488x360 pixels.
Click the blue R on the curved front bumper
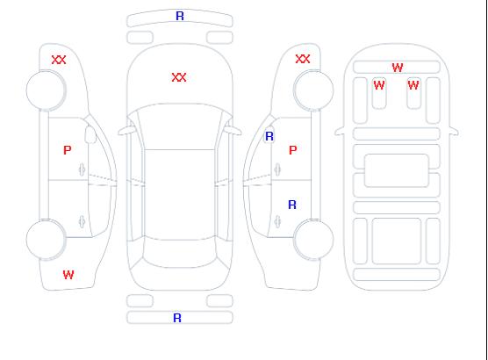180,16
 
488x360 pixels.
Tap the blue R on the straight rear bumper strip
177,318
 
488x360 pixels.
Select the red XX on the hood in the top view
179,77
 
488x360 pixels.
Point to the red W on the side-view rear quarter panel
68,275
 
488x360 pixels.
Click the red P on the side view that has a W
68,150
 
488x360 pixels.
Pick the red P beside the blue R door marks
293,150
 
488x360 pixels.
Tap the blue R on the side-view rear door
292,205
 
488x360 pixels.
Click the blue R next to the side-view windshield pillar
269,136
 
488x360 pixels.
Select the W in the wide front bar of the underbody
398,68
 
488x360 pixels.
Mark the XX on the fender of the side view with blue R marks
303,59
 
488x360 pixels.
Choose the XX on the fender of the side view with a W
59,60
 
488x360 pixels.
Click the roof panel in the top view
180,195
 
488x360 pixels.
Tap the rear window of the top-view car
180,253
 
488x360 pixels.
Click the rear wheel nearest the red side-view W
46,240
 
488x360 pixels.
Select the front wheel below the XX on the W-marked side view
46,90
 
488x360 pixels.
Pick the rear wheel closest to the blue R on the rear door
313,239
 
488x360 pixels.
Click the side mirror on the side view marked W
90,134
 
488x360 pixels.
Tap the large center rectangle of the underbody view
397,170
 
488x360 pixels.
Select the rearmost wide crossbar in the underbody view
397,274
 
